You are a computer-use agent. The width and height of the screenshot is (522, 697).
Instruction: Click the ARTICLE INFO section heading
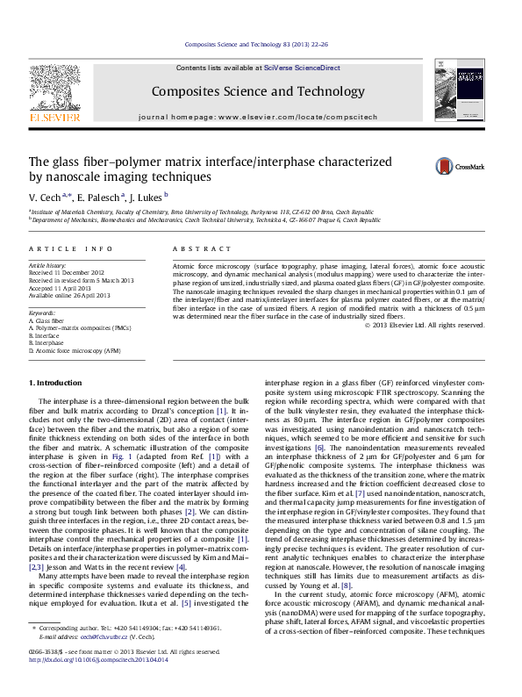coord(70,249)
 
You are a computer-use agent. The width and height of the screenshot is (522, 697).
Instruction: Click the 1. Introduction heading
coord(57,383)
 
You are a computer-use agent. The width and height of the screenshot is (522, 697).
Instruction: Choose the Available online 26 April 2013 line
coord(70,295)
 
